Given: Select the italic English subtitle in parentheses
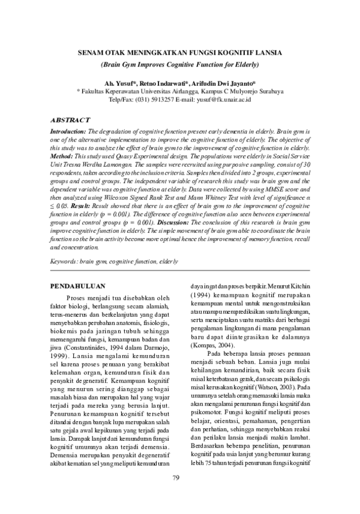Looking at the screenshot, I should pyautogui.click(x=180, y=64).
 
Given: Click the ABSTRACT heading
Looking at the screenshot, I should pyautogui.click(x=70, y=120).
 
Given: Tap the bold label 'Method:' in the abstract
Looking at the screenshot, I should pyautogui.click(x=63, y=155).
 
